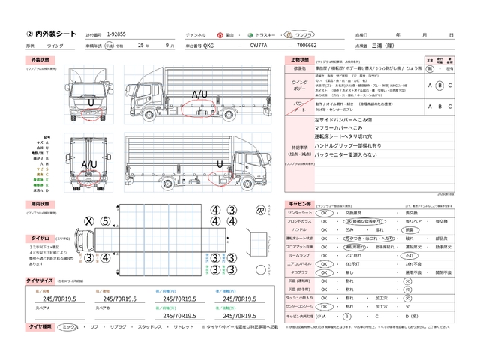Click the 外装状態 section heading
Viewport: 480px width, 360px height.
(x=40, y=59)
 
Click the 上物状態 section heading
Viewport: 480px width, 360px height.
(x=298, y=59)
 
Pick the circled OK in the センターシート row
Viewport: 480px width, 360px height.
(x=325, y=212)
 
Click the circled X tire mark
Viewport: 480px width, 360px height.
(x=88, y=221)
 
